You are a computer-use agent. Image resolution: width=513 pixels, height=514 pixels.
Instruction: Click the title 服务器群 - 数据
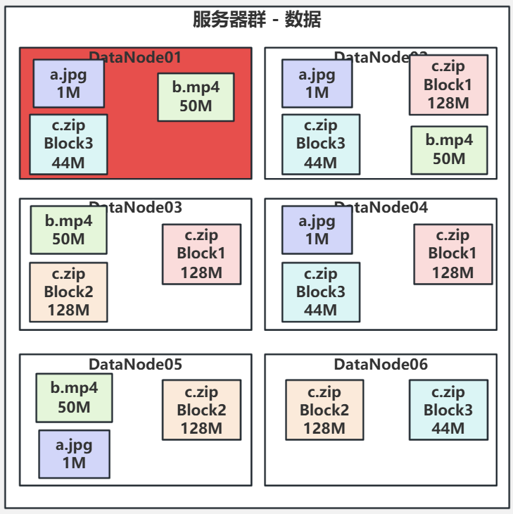click(257, 20)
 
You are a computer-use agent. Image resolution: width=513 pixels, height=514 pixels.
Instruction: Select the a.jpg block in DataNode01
click(69, 83)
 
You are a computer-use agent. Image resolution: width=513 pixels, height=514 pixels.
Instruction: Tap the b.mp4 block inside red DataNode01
click(196, 96)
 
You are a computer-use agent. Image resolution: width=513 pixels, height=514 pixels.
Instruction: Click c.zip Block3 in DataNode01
click(68, 144)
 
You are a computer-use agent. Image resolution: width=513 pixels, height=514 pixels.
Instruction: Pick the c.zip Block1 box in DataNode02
click(448, 85)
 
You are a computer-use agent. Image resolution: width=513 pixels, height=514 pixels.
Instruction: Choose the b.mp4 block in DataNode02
click(449, 149)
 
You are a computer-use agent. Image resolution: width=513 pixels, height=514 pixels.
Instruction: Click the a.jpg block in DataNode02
click(317, 83)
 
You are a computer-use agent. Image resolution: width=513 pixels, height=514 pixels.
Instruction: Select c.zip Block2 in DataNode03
click(68, 292)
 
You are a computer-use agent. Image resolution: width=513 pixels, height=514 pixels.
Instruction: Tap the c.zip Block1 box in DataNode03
click(201, 253)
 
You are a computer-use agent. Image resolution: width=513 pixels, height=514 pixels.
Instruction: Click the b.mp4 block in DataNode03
click(68, 230)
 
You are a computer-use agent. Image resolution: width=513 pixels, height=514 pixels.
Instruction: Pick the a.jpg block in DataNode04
click(317, 230)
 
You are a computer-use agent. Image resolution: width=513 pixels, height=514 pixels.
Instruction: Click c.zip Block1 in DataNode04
click(452, 253)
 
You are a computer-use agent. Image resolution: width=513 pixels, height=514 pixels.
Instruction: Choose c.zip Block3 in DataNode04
click(320, 292)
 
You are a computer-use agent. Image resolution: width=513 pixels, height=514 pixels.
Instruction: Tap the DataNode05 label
click(135, 364)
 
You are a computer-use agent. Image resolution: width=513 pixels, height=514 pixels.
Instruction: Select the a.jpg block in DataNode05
click(74, 453)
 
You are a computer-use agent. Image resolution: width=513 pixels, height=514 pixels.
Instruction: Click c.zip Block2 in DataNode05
click(201, 410)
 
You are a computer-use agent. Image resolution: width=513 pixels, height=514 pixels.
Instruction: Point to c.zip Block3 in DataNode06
click(448, 410)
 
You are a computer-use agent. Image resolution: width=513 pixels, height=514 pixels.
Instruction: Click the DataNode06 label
click(381, 364)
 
